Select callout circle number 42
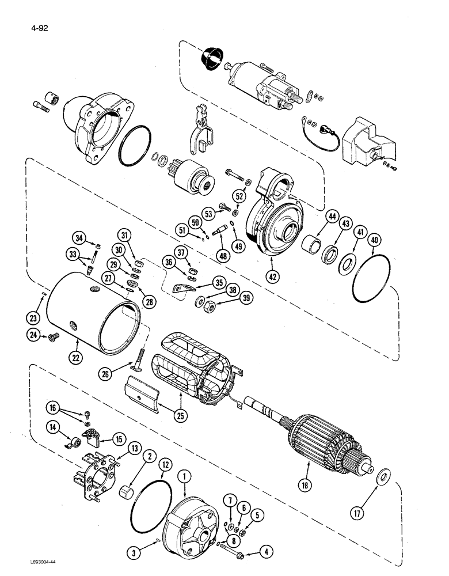click(273, 275)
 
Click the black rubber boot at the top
click(210, 58)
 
